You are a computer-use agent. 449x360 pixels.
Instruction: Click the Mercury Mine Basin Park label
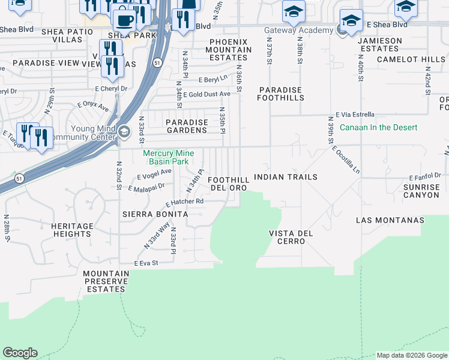(166, 157)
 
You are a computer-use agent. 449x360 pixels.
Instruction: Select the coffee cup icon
(124, 20)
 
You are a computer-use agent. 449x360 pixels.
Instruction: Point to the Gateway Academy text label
(298, 31)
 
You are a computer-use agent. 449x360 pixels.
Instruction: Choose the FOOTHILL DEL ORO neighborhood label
(228, 184)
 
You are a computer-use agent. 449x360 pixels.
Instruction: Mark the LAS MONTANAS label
(390, 220)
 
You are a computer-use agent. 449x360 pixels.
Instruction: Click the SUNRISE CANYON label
(421, 191)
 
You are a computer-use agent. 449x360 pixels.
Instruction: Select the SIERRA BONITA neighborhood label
(155, 214)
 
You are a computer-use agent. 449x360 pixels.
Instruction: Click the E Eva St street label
(146, 263)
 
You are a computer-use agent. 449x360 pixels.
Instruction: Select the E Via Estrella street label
(355, 115)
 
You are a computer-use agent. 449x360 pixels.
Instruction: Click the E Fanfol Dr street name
(425, 178)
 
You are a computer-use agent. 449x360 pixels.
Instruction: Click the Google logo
(20, 353)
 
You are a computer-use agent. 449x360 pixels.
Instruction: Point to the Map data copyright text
(412, 355)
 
